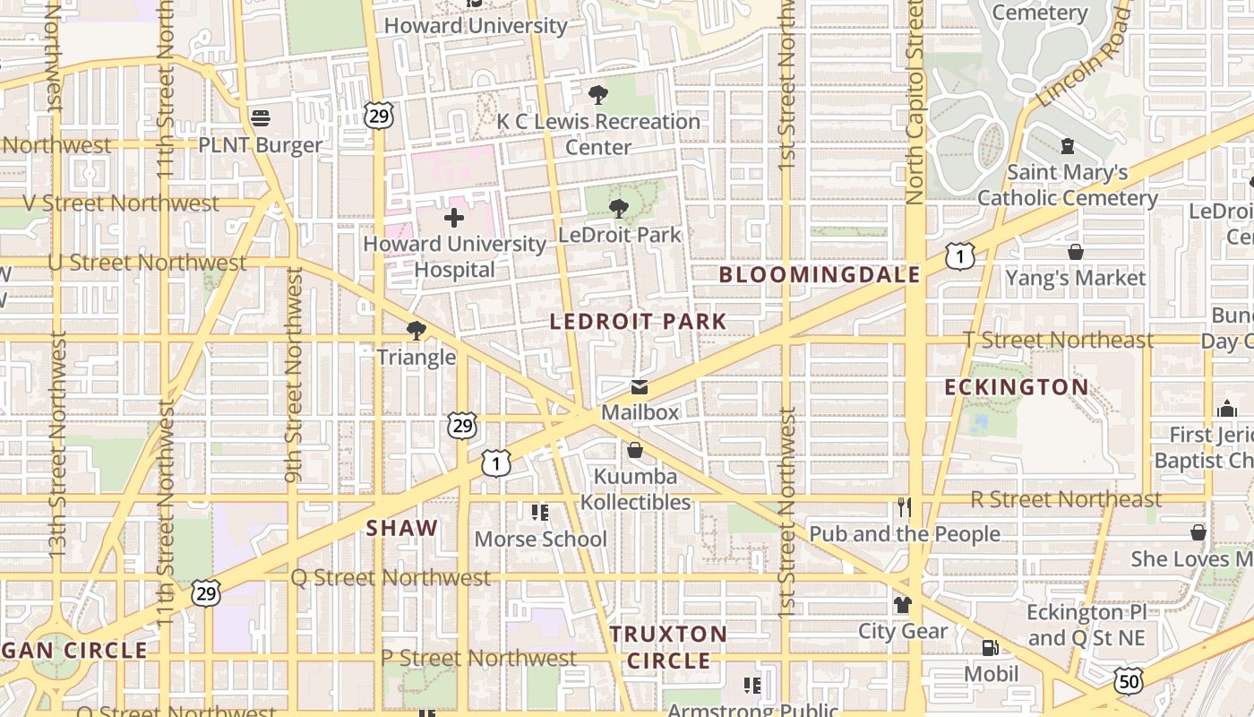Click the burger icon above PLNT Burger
click(x=261, y=117)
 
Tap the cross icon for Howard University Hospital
click(x=454, y=217)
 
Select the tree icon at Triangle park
click(x=416, y=331)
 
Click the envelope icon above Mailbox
click(x=640, y=387)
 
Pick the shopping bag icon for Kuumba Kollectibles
click(x=635, y=450)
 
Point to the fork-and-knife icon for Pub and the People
click(x=905, y=508)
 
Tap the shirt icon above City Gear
click(x=903, y=605)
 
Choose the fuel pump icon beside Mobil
click(x=990, y=647)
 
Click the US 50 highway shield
click(x=1128, y=681)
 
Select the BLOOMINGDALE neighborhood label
click(x=820, y=275)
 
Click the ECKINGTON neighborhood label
click(x=1017, y=387)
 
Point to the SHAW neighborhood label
click(x=402, y=528)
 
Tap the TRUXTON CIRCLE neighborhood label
click(x=669, y=647)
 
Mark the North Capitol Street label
click(x=915, y=103)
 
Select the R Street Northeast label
click(x=1066, y=499)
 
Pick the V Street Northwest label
click(x=120, y=203)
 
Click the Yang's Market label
click(x=1075, y=278)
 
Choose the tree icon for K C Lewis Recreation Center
click(x=597, y=95)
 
